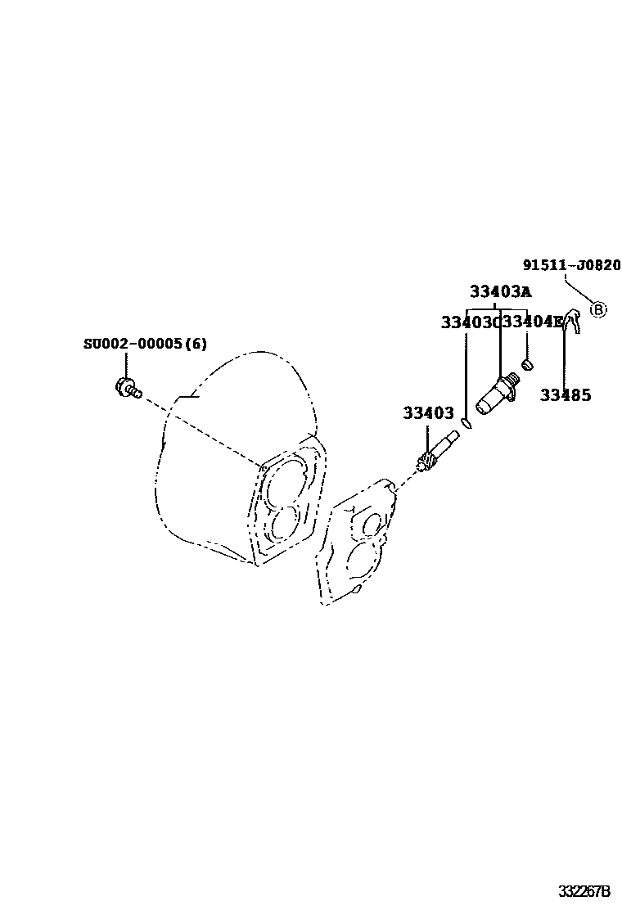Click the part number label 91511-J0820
(571, 265)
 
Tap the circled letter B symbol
(598, 309)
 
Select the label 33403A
(500, 291)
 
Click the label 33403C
(470, 322)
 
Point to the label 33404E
(532, 322)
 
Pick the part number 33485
(565, 395)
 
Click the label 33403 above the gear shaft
(427, 414)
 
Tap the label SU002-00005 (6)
(145, 344)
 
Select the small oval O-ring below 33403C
(466, 423)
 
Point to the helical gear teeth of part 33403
(425, 463)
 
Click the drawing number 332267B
(584, 890)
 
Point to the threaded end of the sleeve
(512, 380)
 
